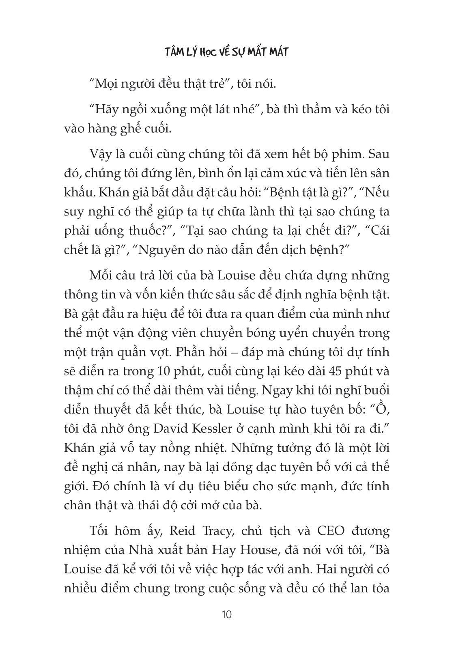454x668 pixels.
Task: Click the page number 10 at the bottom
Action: [227, 614]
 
